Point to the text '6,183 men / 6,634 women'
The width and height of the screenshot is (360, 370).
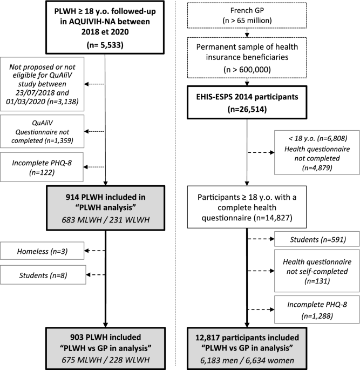click(246, 358)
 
